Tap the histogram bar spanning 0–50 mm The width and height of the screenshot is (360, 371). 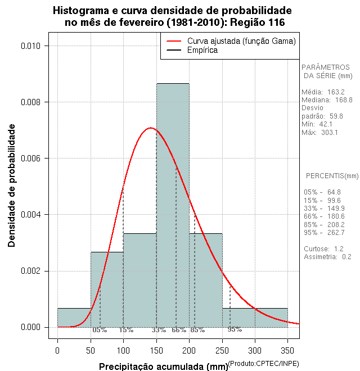(x=74, y=318)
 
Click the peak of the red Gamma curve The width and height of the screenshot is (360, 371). (x=150, y=128)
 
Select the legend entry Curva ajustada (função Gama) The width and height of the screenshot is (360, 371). (x=241, y=41)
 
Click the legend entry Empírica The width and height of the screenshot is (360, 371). (x=202, y=50)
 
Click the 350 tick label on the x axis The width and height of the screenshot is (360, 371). (x=288, y=351)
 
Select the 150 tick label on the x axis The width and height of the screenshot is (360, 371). (x=156, y=351)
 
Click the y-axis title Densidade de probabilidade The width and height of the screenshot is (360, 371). (x=12, y=186)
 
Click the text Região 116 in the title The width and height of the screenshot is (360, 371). (x=253, y=22)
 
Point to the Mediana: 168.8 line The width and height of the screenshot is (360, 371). (x=327, y=99)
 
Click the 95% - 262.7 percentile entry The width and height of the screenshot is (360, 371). (x=323, y=232)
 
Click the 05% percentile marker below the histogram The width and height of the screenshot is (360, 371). (x=100, y=330)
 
